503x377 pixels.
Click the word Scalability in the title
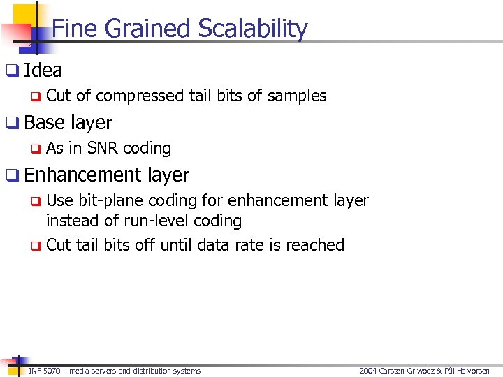(253, 29)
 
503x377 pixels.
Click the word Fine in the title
(71, 29)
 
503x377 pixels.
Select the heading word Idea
(43, 71)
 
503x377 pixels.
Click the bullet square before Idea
(12, 71)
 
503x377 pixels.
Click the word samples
(300, 96)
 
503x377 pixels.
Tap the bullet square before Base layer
(12, 123)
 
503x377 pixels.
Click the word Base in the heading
(44, 123)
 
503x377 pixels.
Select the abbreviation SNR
(103, 149)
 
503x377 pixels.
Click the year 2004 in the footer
(367, 371)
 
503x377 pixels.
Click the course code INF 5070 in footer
(43, 371)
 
